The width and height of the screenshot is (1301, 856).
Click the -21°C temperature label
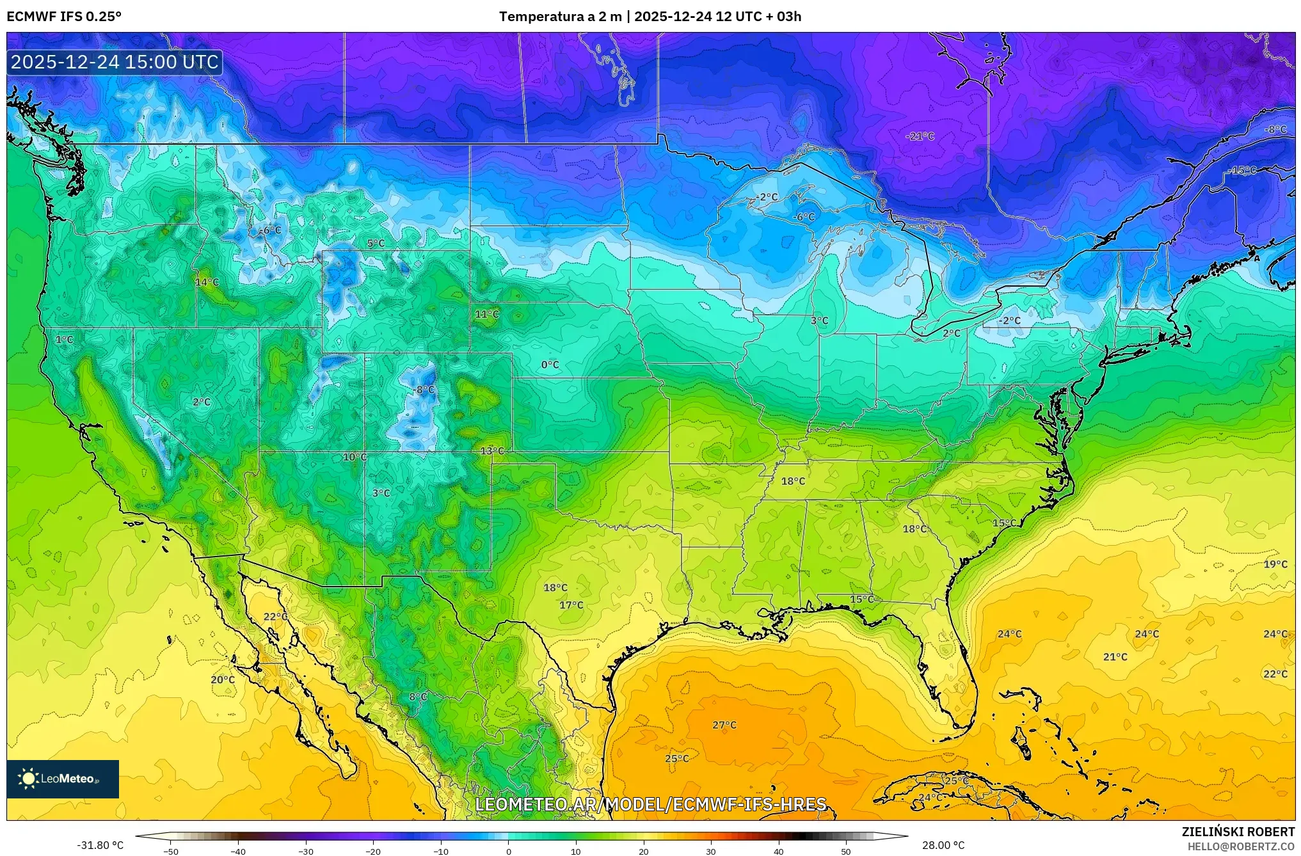pos(920,136)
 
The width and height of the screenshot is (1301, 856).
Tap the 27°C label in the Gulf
pos(724,725)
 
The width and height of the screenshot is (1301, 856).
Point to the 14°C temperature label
pos(207,282)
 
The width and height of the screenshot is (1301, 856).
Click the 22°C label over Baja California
pos(275,616)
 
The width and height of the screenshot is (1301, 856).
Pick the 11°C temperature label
pos(486,314)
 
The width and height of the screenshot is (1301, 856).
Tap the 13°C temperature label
pos(492,451)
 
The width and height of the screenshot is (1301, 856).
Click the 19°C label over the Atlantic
pos(1275,564)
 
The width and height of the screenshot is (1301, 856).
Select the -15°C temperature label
pos(1241,170)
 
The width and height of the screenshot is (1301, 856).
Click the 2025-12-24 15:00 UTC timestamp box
pos(115,62)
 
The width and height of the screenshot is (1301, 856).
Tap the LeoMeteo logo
pos(63,779)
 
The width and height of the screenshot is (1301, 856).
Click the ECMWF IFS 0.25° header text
pos(63,17)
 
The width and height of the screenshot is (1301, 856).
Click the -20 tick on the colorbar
pos(373,852)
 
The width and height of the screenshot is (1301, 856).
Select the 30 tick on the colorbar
pos(711,852)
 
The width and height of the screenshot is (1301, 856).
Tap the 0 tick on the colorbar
pos(509,852)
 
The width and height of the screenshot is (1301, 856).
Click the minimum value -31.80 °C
pos(100,846)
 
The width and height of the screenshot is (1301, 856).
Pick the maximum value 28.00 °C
pos(943,846)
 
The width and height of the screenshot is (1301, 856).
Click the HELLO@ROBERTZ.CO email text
pos(1241,846)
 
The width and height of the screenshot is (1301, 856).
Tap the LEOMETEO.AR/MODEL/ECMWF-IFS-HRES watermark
pos(650,804)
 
